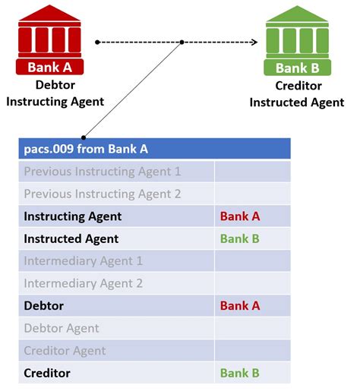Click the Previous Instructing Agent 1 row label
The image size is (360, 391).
(103, 172)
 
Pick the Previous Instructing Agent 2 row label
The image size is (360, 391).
(103, 194)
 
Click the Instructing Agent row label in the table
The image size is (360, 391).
(73, 216)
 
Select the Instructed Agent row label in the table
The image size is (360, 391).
(71, 238)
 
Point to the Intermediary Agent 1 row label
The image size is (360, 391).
(84, 261)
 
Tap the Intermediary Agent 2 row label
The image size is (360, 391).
(84, 283)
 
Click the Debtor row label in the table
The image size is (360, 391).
(44, 306)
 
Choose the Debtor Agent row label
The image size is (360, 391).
(62, 328)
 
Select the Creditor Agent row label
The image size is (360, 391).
(66, 351)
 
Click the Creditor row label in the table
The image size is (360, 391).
(47, 373)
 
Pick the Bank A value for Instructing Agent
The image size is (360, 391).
(240, 216)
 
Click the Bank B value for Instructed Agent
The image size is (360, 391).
(240, 238)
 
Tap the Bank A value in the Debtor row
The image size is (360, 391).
(240, 306)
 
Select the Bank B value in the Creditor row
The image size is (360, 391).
(240, 373)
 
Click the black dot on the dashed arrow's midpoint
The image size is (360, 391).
(182, 42)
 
